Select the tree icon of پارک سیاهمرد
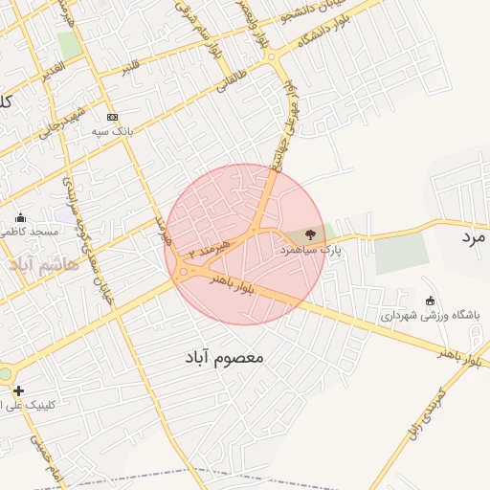coord(309,234)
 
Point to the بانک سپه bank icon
coord(112,116)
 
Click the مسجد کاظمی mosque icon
coord(20,217)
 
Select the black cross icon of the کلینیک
coord(18,390)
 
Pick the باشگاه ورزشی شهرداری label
coord(431,315)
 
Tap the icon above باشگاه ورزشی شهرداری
coord(429,301)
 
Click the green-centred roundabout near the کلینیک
coord(5,374)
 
